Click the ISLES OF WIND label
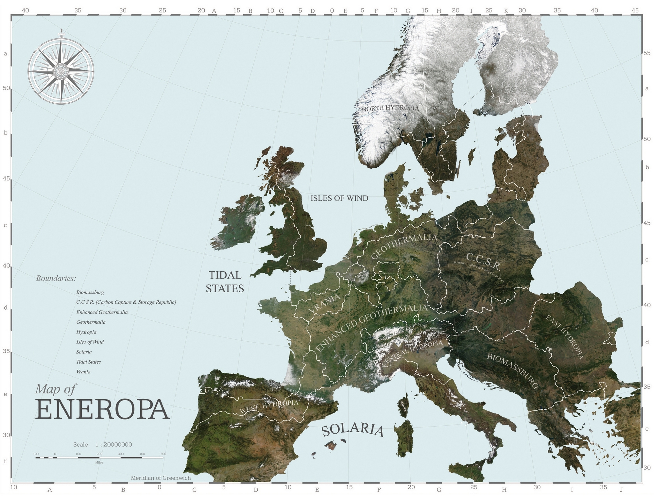[339, 198]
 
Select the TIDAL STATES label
[225, 282]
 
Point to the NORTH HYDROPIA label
[390, 108]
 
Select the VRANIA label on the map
[324, 303]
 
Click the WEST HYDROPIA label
[269, 406]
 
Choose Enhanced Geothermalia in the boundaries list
[102, 312]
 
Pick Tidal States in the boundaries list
[89, 362]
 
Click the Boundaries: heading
[56, 279]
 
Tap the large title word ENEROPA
[102, 409]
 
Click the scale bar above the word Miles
[99, 457]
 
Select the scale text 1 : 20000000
[113, 445]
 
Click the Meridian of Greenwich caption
[161, 478]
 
